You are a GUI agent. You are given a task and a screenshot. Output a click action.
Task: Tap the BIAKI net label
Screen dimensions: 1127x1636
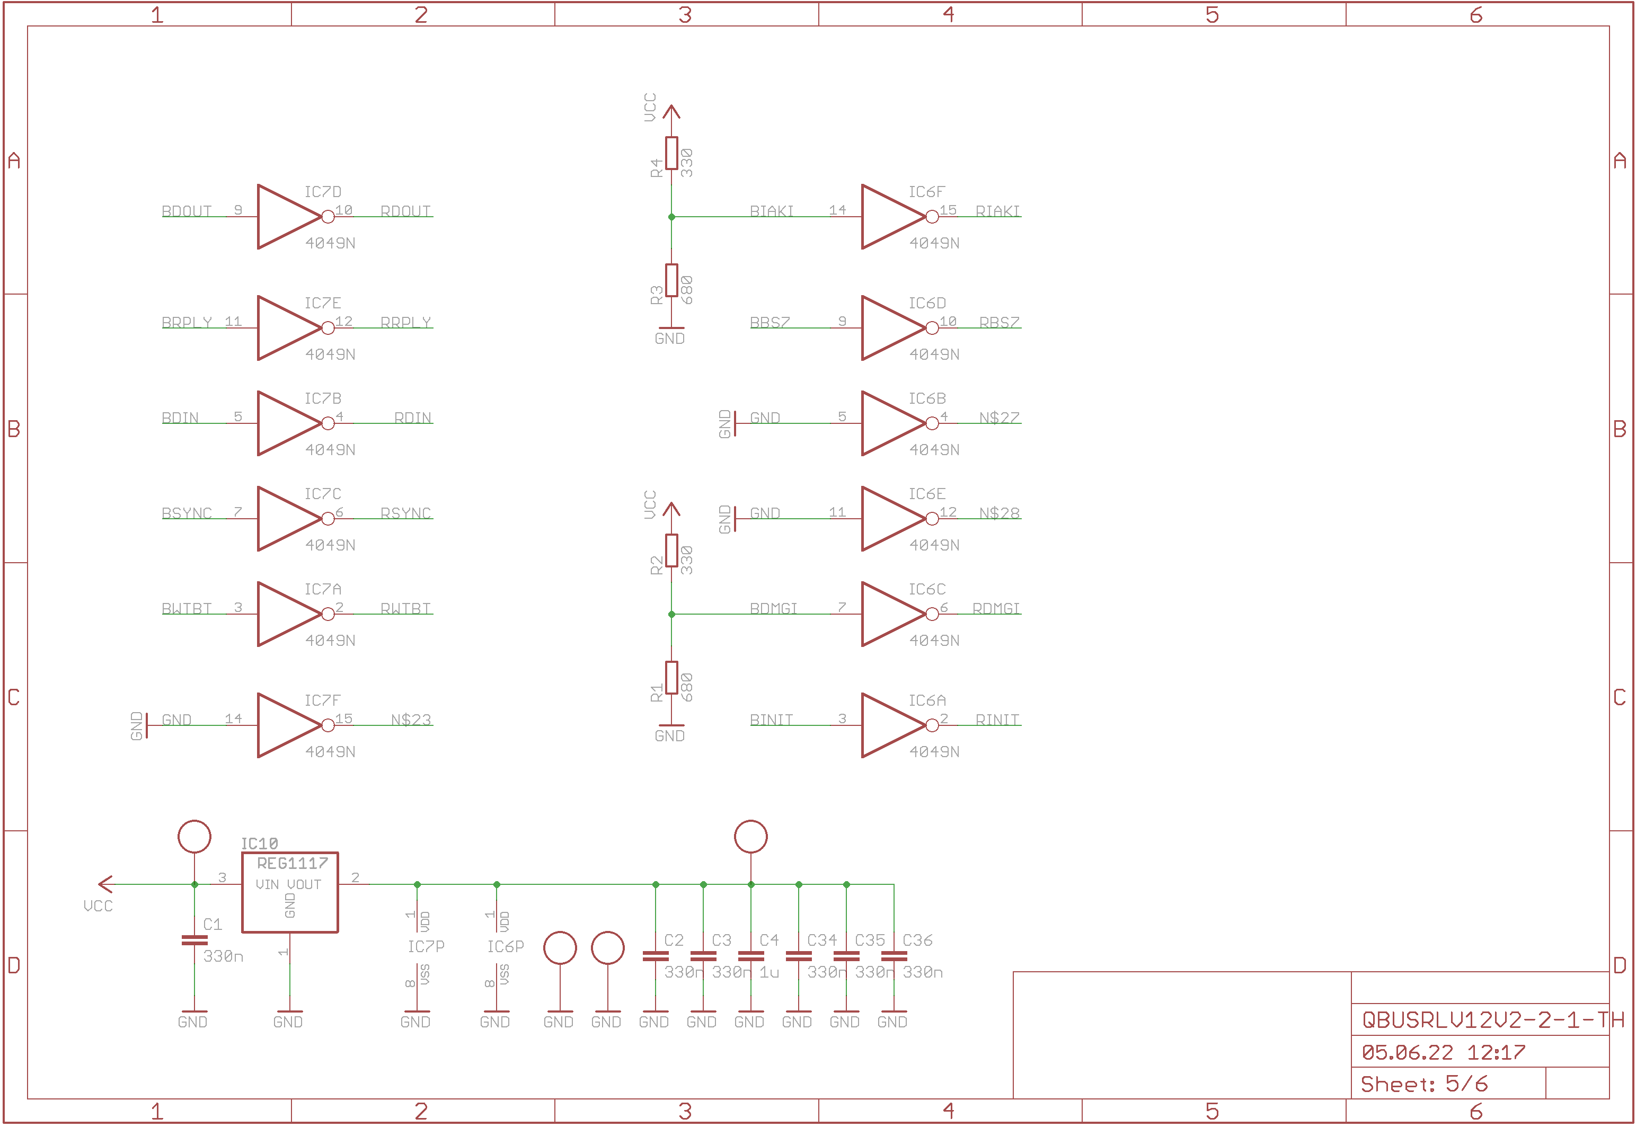click(x=771, y=211)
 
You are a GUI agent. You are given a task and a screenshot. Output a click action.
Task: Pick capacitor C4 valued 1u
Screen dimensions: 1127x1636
click(x=750, y=956)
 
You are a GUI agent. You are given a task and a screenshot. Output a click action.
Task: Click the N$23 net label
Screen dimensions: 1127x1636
click(x=410, y=720)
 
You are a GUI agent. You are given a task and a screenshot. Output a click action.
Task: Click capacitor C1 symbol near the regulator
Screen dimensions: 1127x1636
click(x=194, y=940)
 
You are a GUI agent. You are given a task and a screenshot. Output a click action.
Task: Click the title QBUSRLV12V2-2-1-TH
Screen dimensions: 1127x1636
click(x=1492, y=1019)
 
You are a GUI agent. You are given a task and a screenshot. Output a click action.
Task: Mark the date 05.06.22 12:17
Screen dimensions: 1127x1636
click(x=1443, y=1052)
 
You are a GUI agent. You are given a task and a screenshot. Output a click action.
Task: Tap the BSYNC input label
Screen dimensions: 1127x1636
click(x=187, y=513)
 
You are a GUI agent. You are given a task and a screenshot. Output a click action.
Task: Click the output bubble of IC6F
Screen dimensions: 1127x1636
click(x=932, y=217)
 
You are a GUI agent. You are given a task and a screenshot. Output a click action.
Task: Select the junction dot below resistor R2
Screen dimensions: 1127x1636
click(x=671, y=614)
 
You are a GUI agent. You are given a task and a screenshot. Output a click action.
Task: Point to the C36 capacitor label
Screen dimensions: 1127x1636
click(x=917, y=940)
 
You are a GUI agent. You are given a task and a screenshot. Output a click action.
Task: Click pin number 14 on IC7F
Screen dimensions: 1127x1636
click(x=233, y=718)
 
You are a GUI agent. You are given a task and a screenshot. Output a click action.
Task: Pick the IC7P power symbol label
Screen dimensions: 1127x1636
click(x=426, y=946)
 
